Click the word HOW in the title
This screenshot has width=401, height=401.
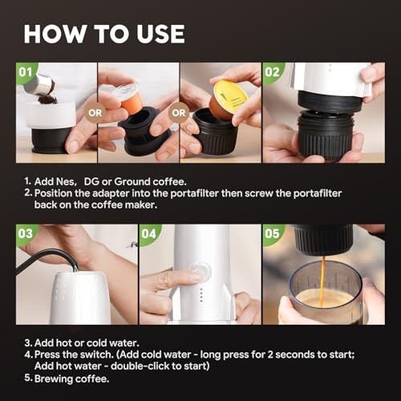point(55,34)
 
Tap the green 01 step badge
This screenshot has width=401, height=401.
point(26,73)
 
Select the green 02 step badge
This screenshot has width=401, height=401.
point(273,73)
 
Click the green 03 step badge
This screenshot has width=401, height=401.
point(26,234)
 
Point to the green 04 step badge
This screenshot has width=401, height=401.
point(149,234)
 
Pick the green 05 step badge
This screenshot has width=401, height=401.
point(273,234)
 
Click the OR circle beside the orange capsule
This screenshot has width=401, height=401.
point(95,113)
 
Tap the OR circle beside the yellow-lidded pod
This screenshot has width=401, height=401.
point(179,113)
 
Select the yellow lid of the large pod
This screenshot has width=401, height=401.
point(230,93)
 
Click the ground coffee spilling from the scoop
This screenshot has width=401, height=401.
point(47,97)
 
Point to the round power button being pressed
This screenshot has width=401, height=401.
point(201,270)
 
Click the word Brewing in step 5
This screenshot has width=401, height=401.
point(53,379)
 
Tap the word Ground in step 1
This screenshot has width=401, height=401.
point(132,182)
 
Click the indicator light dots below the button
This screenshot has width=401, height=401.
point(201,294)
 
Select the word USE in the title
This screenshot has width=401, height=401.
point(160,34)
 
